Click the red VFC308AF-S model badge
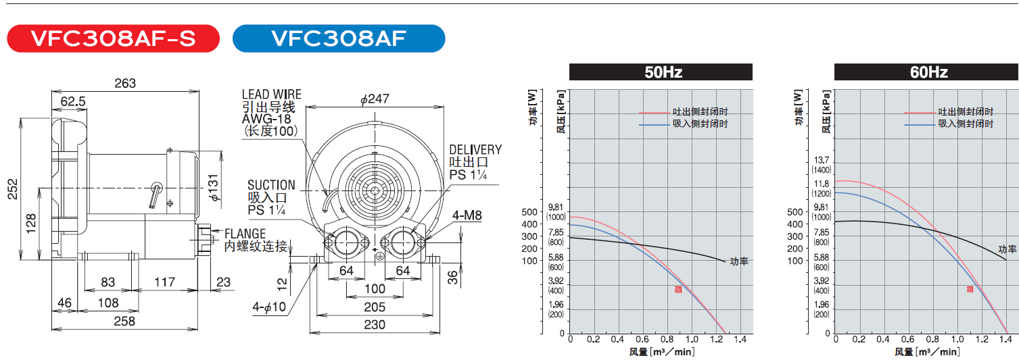(x=114, y=38)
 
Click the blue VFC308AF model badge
(x=339, y=38)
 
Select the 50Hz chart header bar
(x=661, y=72)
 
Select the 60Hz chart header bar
(x=926, y=72)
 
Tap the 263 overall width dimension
(x=125, y=83)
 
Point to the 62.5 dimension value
(x=73, y=101)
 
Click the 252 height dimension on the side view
(x=13, y=189)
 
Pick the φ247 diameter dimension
(x=375, y=99)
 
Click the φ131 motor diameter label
(x=214, y=187)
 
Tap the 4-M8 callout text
(x=467, y=215)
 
